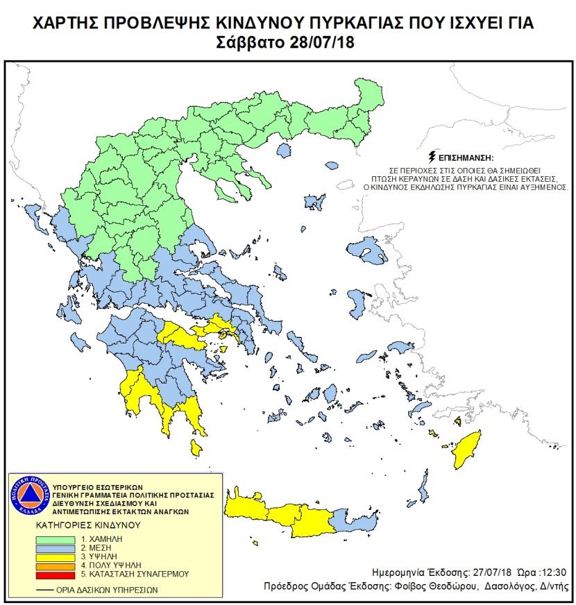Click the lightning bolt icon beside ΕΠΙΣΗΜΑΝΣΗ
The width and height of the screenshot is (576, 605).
point(434,157)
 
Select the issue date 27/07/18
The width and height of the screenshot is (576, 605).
point(477,573)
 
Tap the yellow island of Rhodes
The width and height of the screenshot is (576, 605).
point(467,450)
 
